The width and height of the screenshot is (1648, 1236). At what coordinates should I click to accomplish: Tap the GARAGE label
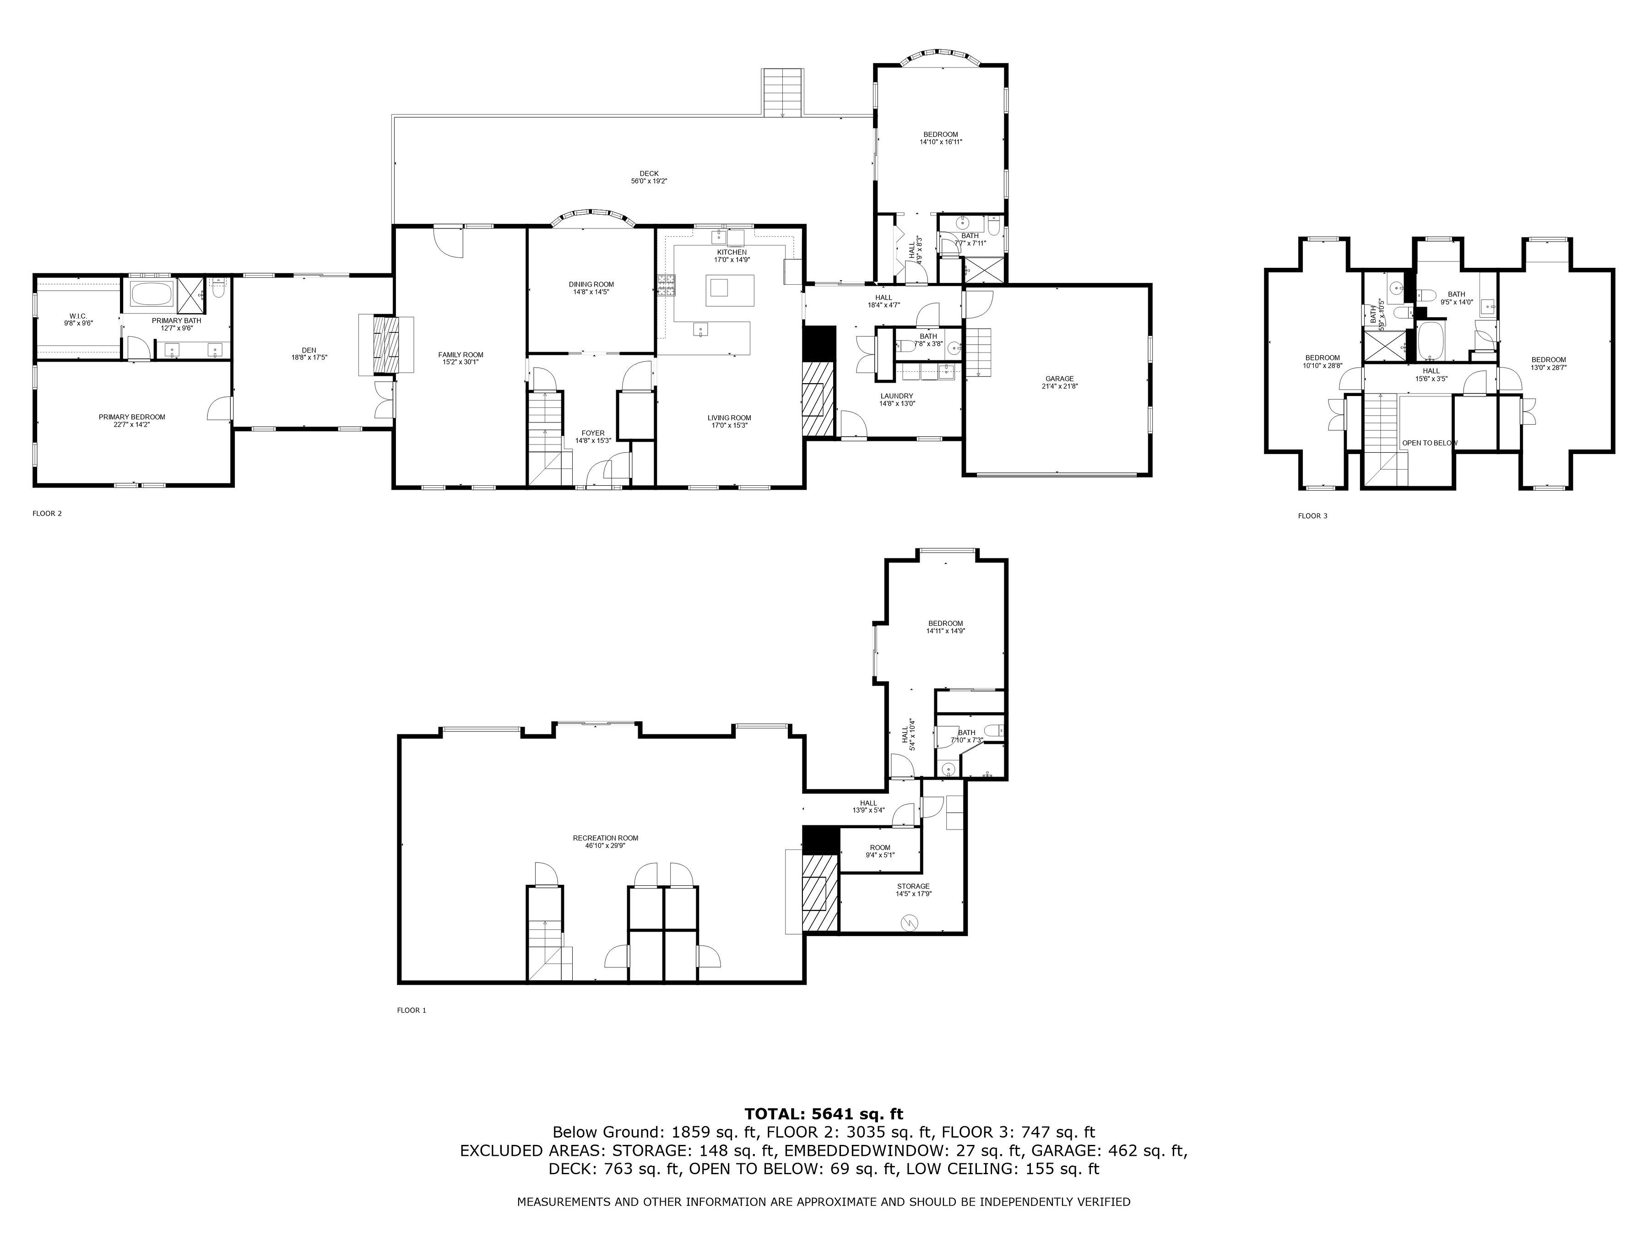(x=1059, y=379)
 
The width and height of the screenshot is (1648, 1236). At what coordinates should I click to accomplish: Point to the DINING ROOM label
(x=591, y=285)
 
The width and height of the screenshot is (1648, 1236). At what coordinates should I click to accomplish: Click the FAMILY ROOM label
(x=461, y=355)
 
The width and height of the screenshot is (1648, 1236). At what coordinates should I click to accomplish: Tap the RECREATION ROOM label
(x=605, y=838)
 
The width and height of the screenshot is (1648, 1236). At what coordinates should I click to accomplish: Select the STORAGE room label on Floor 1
(x=913, y=887)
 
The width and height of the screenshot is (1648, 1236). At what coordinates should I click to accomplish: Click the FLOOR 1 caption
(x=411, y=1010)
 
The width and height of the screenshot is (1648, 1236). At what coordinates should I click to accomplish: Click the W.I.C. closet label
(x=78, y=316)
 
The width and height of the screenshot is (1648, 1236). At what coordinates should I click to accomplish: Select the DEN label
(x=309, y=350)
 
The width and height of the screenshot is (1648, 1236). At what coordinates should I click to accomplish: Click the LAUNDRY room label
(x=896, y=396)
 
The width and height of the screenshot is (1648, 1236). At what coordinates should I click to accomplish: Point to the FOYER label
(x=593, y=434)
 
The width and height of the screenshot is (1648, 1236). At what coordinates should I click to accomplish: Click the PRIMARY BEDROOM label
(x=132, y=417)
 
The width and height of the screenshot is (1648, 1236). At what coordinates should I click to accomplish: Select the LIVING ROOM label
(x=729, y=418)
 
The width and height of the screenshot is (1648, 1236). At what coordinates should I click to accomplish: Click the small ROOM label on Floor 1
(x=880, y=848)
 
